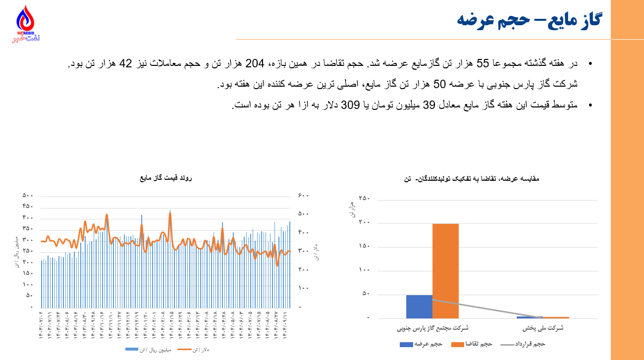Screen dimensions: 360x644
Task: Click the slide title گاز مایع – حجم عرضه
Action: click(529, 20)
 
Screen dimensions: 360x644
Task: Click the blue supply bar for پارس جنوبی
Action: click(419, 307)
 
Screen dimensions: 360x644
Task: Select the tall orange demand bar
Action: click(445, 271)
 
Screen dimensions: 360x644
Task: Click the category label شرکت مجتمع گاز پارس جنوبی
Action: click(432, 328)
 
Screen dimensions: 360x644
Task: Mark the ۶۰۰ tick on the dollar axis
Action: click(303, 196)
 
